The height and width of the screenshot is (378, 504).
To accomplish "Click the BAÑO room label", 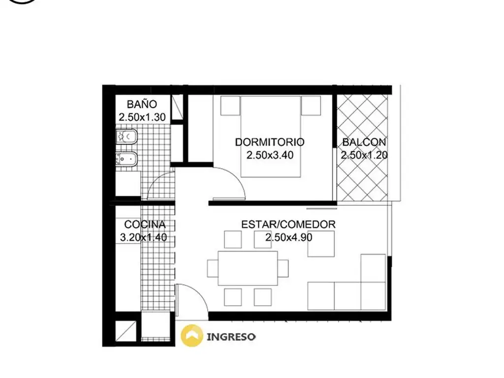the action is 142,104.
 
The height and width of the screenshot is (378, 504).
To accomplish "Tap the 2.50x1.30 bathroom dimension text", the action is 142,117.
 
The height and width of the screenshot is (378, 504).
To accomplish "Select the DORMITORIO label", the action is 270,142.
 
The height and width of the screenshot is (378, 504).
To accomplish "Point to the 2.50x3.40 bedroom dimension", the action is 270,155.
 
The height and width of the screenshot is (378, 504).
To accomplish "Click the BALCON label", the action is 364,142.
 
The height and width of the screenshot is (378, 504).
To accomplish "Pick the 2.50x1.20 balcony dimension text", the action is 364,155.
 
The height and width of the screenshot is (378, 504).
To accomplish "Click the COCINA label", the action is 145,224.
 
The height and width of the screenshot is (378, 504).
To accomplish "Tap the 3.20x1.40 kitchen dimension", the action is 143,238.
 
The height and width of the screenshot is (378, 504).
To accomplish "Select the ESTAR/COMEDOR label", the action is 288,224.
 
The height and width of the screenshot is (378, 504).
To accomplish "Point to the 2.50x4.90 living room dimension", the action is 288,238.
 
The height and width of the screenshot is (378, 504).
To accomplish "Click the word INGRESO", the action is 231,337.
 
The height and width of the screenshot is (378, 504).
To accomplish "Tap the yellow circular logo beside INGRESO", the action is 192,336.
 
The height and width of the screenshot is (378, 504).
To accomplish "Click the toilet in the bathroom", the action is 126,137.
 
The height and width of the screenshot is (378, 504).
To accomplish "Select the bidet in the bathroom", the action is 126,158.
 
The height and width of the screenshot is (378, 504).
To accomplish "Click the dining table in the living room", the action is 248,268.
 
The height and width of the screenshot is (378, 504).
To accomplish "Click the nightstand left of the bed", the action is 230,105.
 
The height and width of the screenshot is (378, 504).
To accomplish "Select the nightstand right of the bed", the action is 311,105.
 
